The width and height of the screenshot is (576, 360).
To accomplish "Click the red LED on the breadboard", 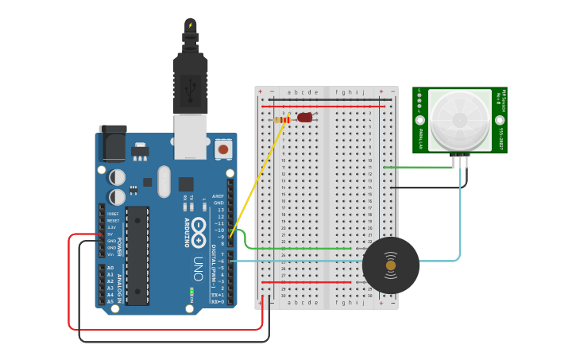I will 305,118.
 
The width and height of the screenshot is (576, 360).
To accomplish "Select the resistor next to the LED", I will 283,119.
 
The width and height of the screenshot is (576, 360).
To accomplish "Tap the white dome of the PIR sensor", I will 459,119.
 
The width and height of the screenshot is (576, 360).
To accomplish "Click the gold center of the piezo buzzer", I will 390,265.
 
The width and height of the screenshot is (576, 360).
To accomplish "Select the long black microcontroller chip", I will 137,255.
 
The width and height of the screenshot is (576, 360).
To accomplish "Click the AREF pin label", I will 219,195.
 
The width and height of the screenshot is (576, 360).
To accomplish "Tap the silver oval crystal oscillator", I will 164,181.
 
